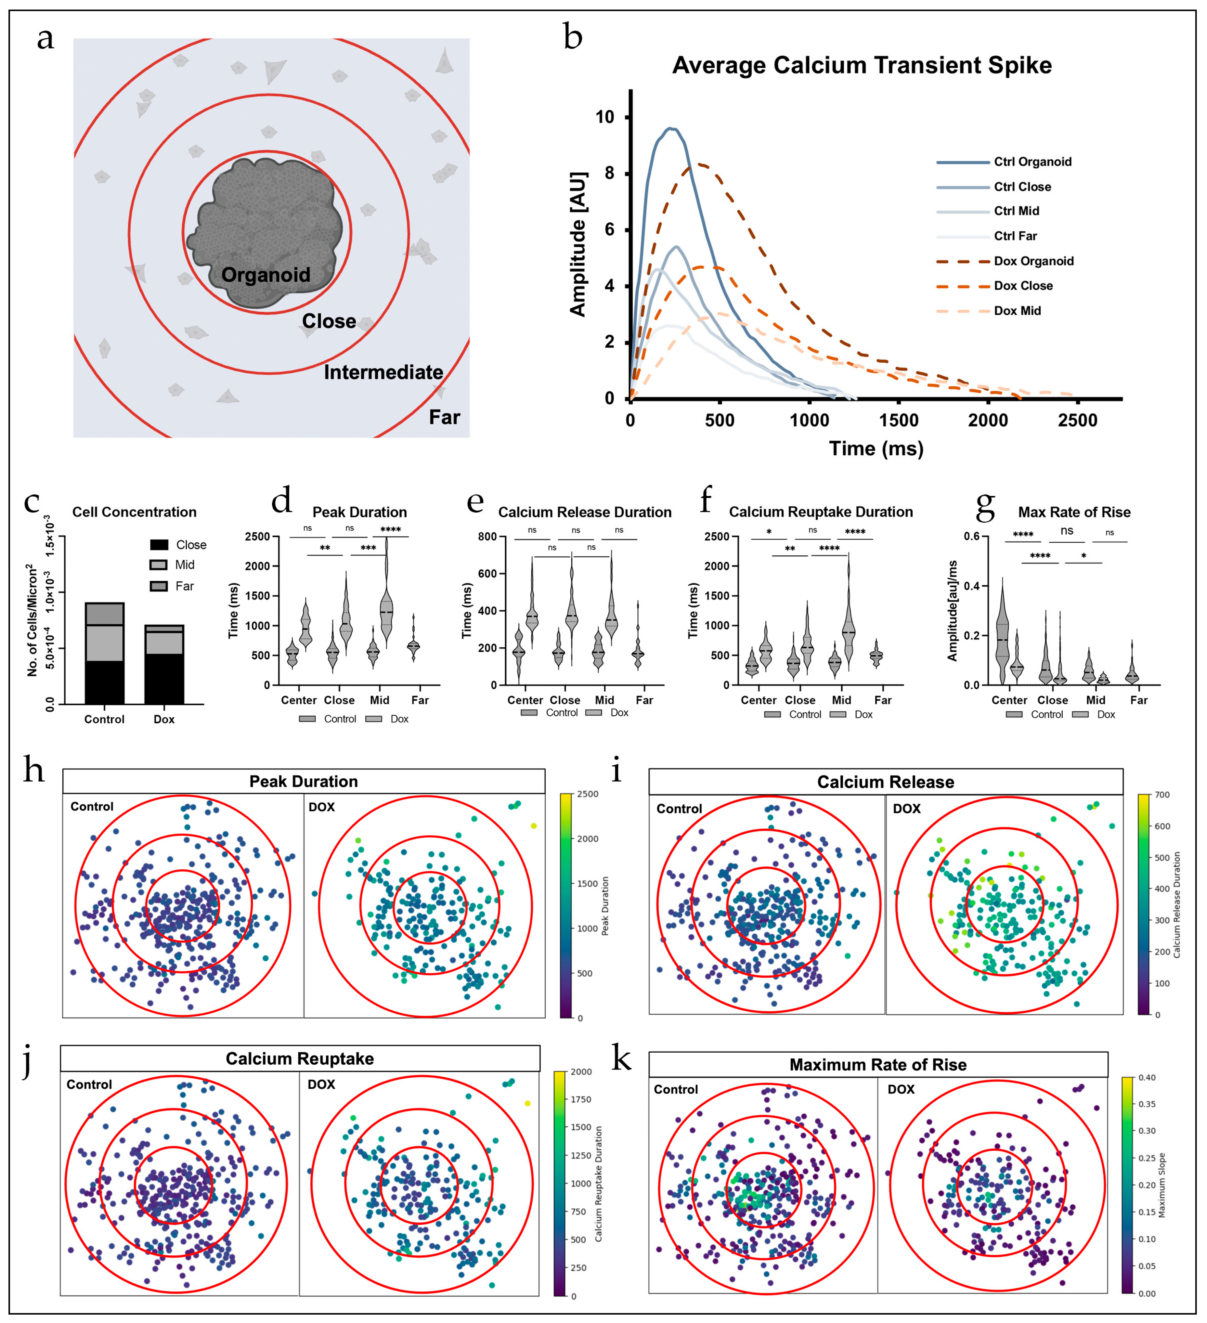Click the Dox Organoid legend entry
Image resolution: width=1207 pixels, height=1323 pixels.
[1033, 261]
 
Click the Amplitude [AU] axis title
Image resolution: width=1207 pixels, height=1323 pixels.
[578, 244]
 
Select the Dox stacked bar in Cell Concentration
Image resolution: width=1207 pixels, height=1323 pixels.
[164, 664]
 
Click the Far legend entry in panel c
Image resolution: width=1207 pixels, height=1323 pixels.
[184, 586]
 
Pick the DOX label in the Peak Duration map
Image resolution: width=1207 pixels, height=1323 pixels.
[322, 807]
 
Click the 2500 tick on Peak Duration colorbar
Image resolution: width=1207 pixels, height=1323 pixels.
[588, 794]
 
